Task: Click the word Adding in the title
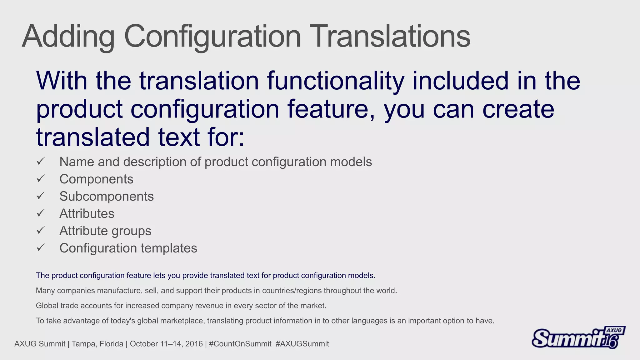coord(68,37)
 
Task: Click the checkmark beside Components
coord(41,179)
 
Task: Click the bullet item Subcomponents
coord(106,197)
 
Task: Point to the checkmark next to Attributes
coord(41,213)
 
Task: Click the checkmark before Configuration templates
coord(41,248)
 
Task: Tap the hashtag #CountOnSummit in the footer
coord(240,344)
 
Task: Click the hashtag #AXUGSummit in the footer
coord(302,344)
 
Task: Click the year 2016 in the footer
coord(194,344)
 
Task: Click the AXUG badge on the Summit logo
coord(614,331)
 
